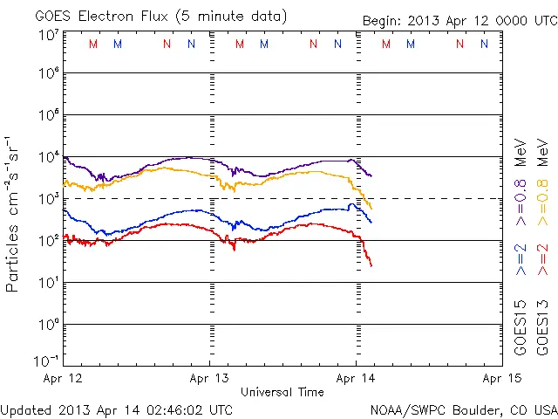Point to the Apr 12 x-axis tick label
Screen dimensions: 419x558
point(63,379)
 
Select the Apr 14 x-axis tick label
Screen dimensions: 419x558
point(356,379)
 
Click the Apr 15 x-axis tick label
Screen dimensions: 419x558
point(501,379)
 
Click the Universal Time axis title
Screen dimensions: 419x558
point(282,392)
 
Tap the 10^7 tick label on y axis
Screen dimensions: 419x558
point(48,34)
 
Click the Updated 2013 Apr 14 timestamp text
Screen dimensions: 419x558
point(117,409)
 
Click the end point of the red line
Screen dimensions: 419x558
point(371,265)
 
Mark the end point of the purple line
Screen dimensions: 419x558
point(371,176)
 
